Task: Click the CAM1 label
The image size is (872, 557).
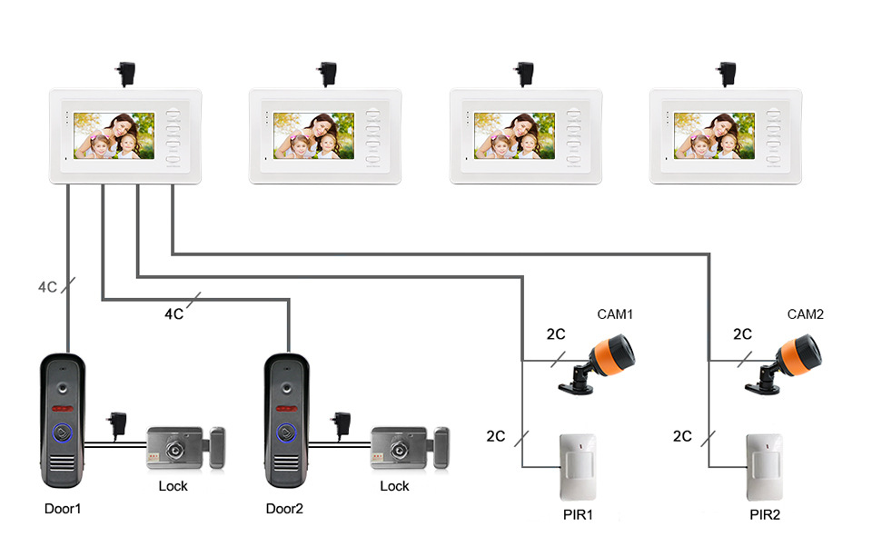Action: [614, 314]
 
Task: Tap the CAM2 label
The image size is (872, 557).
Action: [805, 314]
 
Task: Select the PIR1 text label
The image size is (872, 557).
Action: [578, 515]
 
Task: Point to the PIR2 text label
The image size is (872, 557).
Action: [765, 515]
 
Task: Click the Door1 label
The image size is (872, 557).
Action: [63, 508]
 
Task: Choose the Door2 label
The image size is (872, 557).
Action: [284, 508]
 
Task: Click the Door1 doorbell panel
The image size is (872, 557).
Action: [63, 423]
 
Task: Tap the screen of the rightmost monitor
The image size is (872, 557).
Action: [715, 135]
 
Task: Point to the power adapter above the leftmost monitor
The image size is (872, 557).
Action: [123, 73]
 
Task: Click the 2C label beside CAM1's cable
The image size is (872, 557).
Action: [556, 334]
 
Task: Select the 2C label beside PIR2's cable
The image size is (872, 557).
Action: [682, 436]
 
